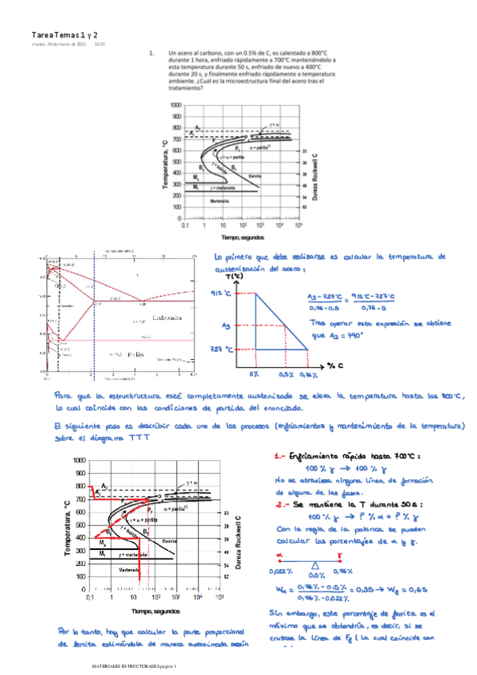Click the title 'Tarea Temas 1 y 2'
pyautogui.click(x=65, y=36)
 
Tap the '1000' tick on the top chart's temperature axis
pyautogui.click(x=174, y=105)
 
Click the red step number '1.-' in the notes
pyautogui.click(x=279, y=457)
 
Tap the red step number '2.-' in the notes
pyautogui.click(x=280, y=504)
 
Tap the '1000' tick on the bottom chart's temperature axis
pyautogui.click(x=78, y=461)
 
